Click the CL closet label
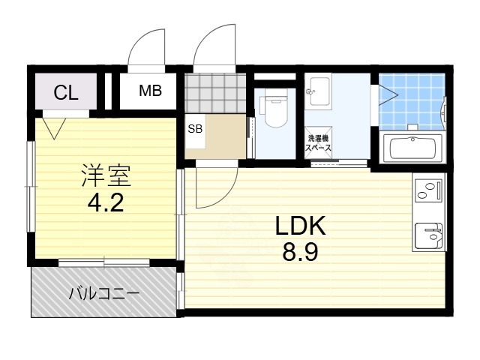coord(66,93)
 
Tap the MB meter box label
coord(150,91)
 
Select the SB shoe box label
coord(195,128)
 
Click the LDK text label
coord(299,226)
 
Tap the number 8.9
coord(300,253)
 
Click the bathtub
coord(413,148)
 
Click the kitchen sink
coord(429,235)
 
